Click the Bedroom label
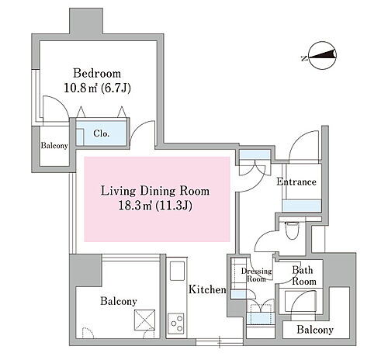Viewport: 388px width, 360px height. (97, 73)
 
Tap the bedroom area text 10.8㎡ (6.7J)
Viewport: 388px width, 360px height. (97, 88)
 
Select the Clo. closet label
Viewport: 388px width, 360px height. (102, 133)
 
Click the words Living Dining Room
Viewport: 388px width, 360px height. (155, 191)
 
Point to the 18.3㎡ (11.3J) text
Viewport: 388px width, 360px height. (155, 206)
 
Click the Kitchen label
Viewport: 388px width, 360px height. (207, 289)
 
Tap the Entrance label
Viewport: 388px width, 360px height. (296, 182)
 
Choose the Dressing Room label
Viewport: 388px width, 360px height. (256, 275)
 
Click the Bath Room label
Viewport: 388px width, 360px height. (303, 275)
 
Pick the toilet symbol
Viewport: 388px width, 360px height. (292, 230)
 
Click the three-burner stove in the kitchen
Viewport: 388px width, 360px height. (176, 324)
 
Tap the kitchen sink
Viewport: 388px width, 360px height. (177, 271)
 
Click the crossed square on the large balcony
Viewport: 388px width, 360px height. (145, 320)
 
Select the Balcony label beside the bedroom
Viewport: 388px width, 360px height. (54, 146)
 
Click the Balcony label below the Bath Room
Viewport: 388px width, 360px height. (315, 330)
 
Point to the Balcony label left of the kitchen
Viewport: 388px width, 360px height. (119, 301)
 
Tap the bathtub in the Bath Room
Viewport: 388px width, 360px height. (300, 301)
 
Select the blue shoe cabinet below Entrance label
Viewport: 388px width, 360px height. (302, 206)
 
